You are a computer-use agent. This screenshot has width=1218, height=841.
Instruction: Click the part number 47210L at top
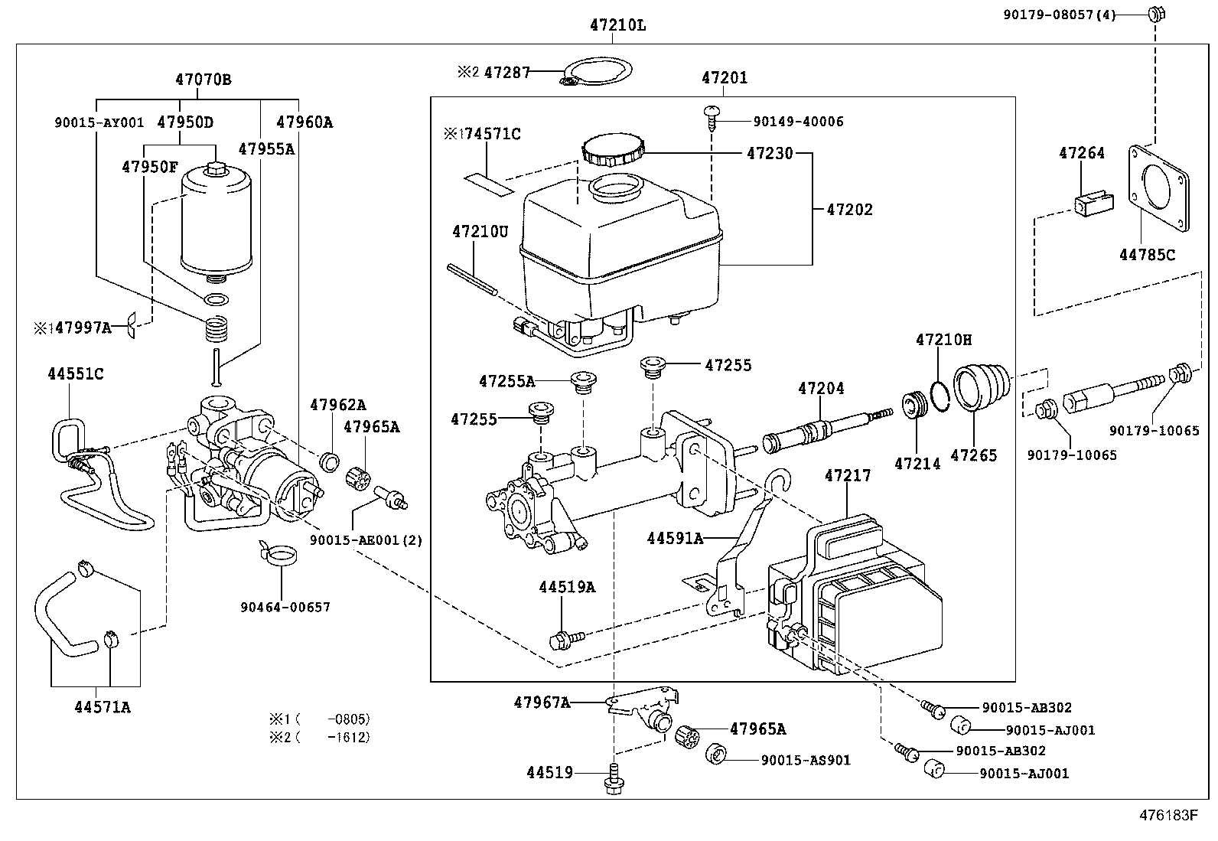[x=617, y=25]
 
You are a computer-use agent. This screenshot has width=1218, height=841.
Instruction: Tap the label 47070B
[x=203, y=80]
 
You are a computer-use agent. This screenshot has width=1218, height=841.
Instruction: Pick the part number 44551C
[x=75, y=374]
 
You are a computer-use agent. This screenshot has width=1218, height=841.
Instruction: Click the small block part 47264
[x=1094, y=204]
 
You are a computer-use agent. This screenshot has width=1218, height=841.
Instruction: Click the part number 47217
[x=848, y=476]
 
